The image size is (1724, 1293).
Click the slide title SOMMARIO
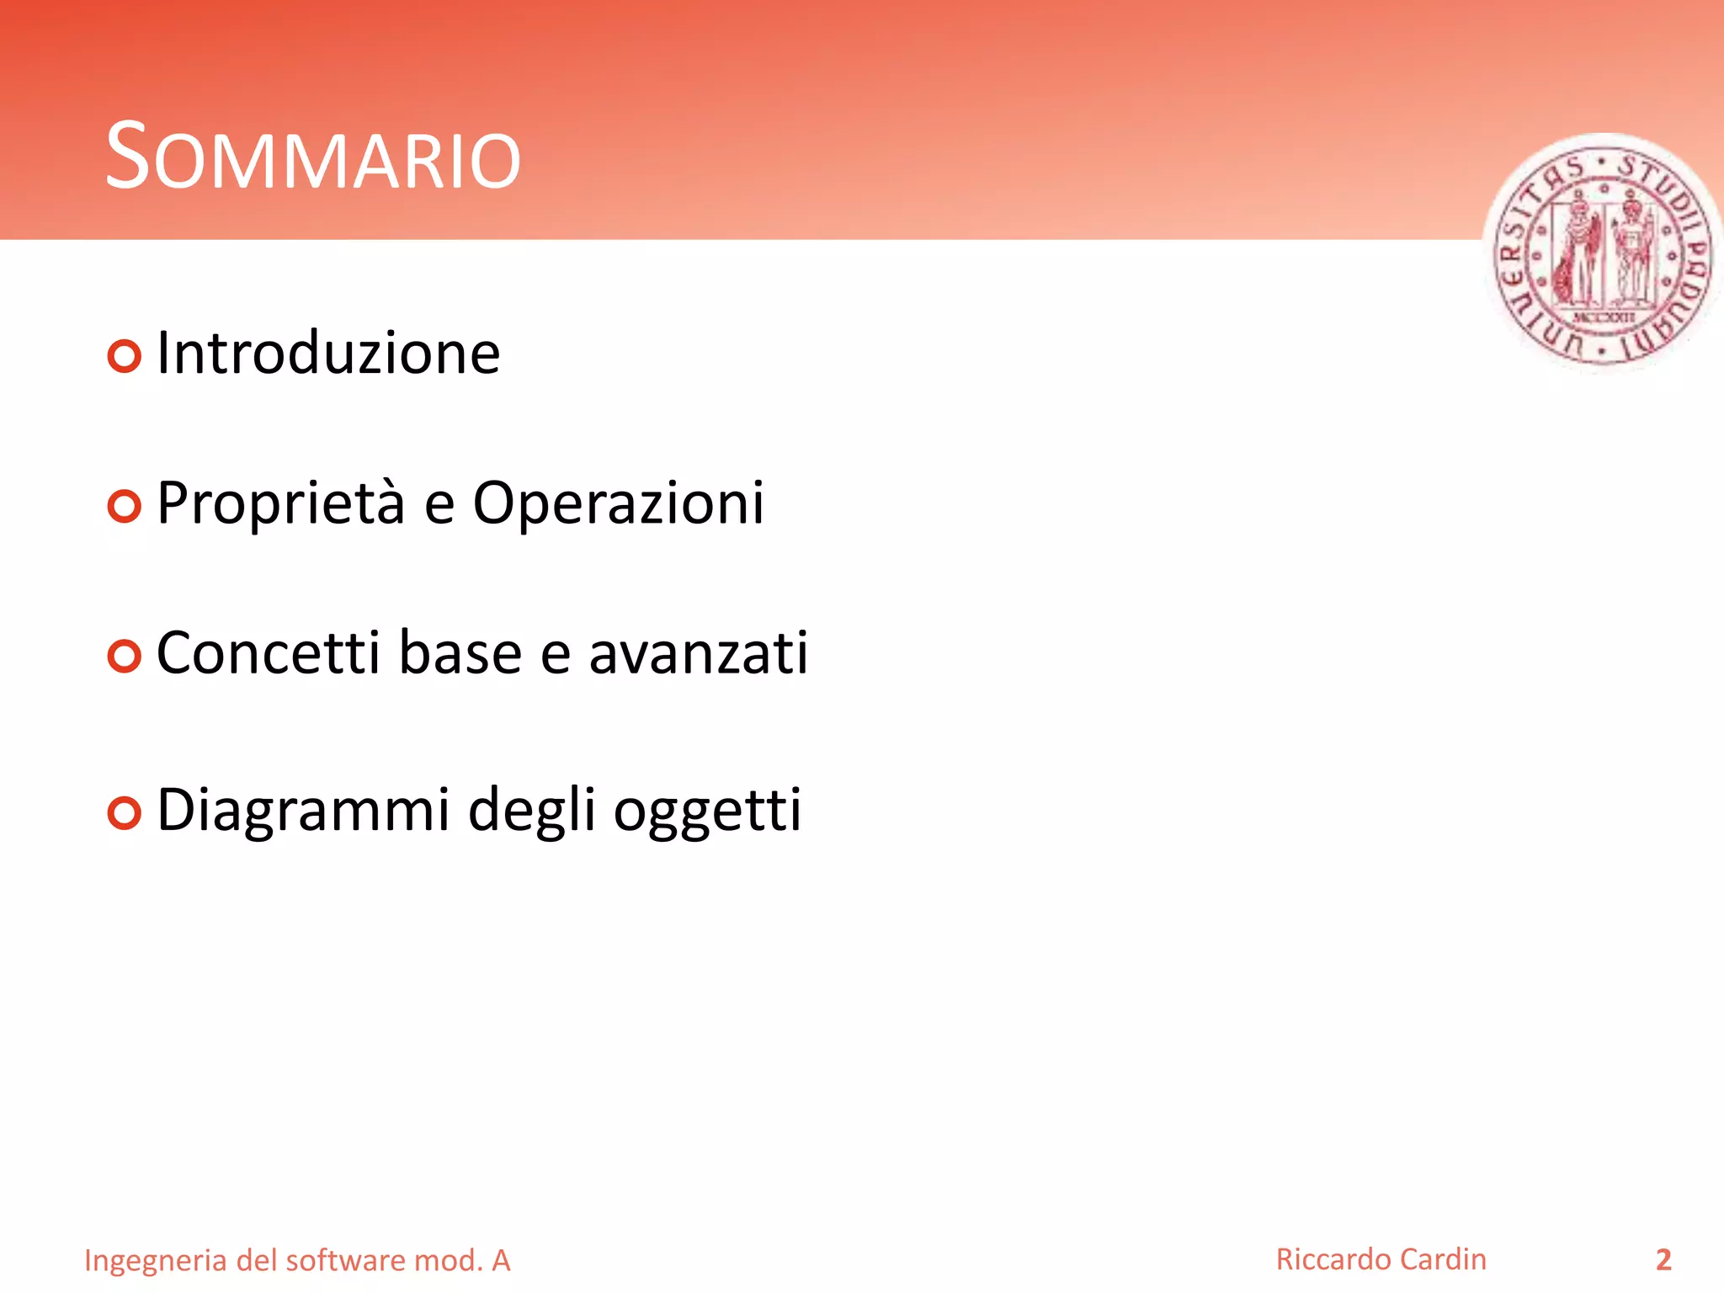tap(313, 157)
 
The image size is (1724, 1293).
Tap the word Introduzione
tap(328, 354)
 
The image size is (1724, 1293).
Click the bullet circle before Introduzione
tap(125, 356)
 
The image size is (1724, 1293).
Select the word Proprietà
tap(280, 503)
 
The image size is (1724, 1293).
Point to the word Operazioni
tap(618, 503)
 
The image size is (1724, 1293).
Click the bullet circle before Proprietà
tap(125, 506)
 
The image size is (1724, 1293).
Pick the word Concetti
tap(268, 653)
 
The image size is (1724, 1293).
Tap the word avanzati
tap(698, 653)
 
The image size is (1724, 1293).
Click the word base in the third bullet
tap(460, 653)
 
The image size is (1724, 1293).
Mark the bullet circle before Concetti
tap(125, 656)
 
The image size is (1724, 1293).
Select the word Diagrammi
tap(303, 811)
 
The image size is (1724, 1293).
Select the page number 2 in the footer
tap(1663, 1259)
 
